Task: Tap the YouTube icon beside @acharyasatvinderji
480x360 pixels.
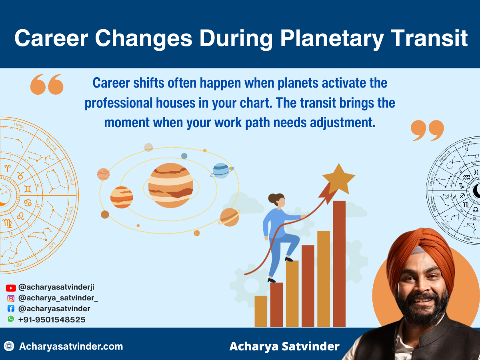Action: coord(11,288)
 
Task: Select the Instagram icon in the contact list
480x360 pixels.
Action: coord(11,298)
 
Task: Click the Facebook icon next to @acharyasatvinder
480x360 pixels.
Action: coord(11,308)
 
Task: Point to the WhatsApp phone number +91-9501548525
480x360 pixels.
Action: coord(52,320)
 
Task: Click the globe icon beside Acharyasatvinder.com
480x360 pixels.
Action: coord(9,346)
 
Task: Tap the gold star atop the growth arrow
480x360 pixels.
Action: coord(338,178)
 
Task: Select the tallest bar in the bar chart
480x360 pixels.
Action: coord(339,264)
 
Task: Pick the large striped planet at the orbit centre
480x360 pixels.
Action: coord(171,186)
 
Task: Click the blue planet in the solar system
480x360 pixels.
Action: coord(221,170)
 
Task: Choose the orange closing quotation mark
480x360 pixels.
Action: coord(427,130)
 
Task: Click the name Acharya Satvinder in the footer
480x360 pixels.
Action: coord(284,346)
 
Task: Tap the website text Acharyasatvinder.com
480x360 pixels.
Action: coord(71,346)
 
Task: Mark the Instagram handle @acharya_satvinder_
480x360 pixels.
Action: coord(58,298)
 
